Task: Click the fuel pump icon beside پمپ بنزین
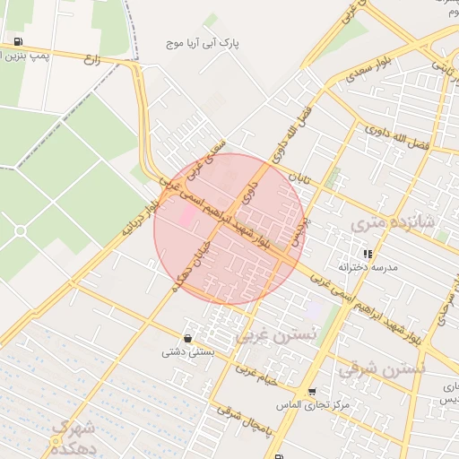(x=19, y=42)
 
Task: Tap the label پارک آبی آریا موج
(x=205, y=42)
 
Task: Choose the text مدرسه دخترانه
(x=367, y=267)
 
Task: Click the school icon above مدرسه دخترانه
(x=368, y=254)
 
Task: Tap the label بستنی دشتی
(x=186, y=351)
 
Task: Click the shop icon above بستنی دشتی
(x=187, y=338)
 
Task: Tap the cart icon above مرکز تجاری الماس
(x=311, y=391)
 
